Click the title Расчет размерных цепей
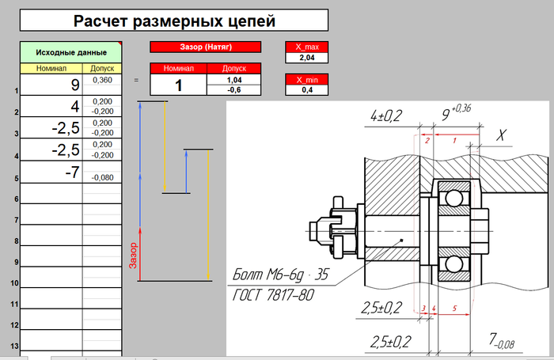174,21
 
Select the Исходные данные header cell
70,52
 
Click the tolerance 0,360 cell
102,81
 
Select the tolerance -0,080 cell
102,177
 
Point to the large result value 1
178,85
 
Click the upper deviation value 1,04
233,81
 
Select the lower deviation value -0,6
233,90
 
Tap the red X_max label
307,47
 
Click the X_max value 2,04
307,58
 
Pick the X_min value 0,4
307,90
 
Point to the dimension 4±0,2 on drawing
386,117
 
